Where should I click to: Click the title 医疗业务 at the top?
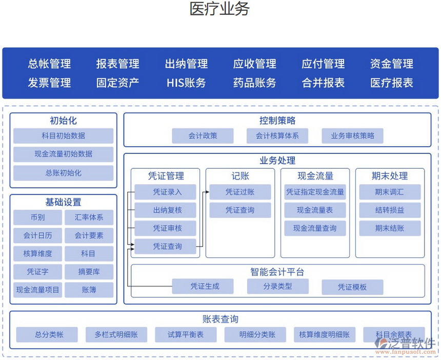[x=219, y=9]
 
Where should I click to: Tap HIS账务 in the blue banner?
[x=186, y=83]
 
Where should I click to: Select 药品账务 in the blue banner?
[x=254, y=83]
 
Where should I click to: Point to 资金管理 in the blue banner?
[x=391, y=64]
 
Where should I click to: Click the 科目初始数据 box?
[x=64, y=136]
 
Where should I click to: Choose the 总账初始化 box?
[x=64, y=173]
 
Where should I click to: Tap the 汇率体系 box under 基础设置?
[x=89, y=217]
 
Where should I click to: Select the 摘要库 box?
[x=89, y=272]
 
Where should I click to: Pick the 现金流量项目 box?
[x=37, y=290]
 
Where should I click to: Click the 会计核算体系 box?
[x=277, y=136]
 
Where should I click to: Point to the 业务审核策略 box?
[x=352, y=136]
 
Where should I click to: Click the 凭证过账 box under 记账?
[x=240, y=192]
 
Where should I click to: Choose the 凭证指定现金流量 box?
[x=315, y=192]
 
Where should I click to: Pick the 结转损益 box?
[x=390, y=210]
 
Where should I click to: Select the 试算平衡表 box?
[x=186, y=335]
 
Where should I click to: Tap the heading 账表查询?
[x=221, y=319]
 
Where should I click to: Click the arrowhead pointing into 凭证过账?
[x=207, y=192]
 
